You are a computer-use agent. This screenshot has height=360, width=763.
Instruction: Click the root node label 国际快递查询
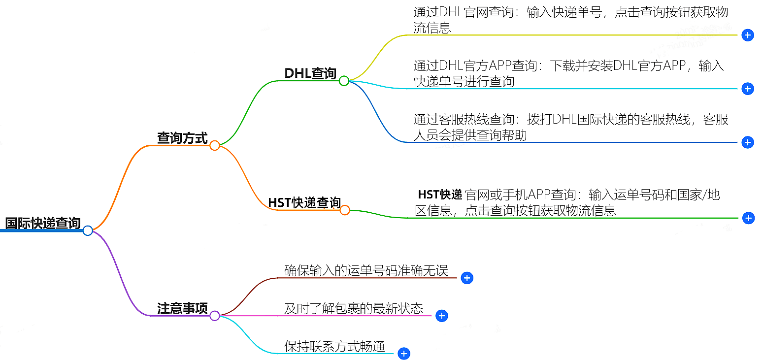pyautogui.click(x=43, y=223)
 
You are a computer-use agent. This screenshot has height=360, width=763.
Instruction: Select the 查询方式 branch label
pyautogui.click(x=182, y=138)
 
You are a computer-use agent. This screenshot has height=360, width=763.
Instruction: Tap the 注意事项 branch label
pyautogui.click(x=182, y=308)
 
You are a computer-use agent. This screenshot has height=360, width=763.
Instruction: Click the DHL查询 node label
pyautogui.click(x=310, y=73)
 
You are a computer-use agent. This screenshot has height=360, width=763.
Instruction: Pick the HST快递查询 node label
pyautogui.click(x=304, y=203)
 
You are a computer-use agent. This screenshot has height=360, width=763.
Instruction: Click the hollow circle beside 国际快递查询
pyautogui.click(x=88, y=230)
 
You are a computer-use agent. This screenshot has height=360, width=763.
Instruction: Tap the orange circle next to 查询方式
pyautogui.click(x=214, y=145)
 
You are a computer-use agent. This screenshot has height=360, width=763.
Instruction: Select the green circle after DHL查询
pyautogui.click(x=344, y=81)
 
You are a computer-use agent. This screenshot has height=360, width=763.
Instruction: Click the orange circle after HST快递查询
pyautogui.click(x=345, y=210)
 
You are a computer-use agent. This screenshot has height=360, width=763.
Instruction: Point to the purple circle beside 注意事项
pyautogui.click(x=215, y=316)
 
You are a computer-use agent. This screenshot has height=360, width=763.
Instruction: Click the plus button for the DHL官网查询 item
pyautogui.click(x=748, y=35)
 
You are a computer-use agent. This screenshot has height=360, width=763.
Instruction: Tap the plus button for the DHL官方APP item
pyautogui.click(x=748, y=89)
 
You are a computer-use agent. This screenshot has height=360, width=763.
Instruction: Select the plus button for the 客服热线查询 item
pyautogui.click(x=748, y=142)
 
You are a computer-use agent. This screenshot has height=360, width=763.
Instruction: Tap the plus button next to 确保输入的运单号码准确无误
pyautogui.click(x=467, y=278)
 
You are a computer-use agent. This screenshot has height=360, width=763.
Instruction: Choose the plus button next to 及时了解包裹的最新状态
pyautogui.click(x=442, y=316)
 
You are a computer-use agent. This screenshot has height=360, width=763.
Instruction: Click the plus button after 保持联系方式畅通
pyautogui.click(x=404, y=354)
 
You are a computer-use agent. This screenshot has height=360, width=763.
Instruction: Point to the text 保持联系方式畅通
pyautogui.click(x=334, y=346)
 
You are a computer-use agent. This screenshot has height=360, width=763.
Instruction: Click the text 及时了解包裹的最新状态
pyautogui.click(x=354, y=309)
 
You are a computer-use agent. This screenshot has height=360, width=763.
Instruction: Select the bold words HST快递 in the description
pyautogui.click(x=439, y=195)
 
